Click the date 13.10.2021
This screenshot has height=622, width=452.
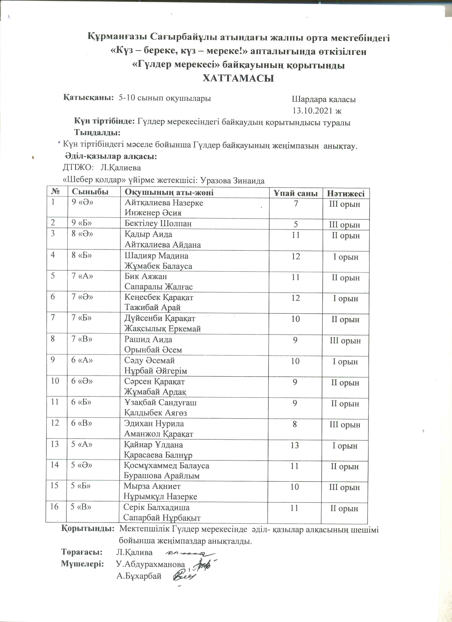pos(314,111)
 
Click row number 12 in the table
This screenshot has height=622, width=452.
pos(55,423)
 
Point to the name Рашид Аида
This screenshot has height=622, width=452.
pos(148,340)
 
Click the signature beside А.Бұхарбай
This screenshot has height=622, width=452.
pos(185,575)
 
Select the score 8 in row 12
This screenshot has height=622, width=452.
pos(295,424)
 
